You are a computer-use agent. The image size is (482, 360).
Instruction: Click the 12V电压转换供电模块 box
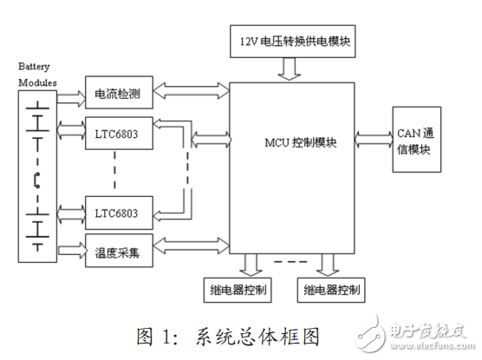[295, 40]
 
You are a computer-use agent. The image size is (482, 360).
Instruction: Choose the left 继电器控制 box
[239, 289]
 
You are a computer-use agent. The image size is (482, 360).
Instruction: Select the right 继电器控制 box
[328, 289]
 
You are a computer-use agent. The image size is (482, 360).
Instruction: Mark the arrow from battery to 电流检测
[69, 90]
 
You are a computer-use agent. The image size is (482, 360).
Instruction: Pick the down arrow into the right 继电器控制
[327, 263]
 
